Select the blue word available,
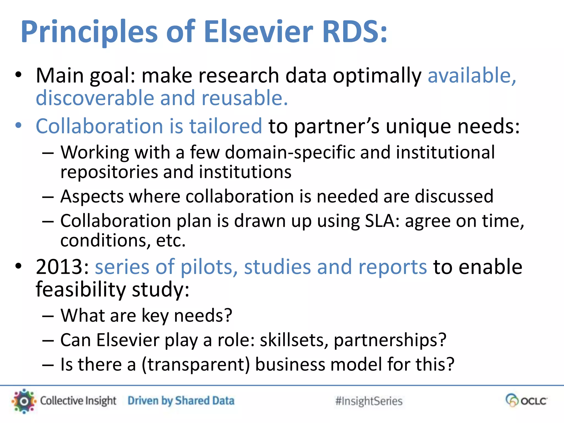(x=472, y=75)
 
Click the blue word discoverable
(x=95, y=98)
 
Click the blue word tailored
(x=226, y=126)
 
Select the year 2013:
(x=62, y=267)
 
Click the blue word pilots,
(x=209, y=267)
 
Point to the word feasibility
(x=81, y=289)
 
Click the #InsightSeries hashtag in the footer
(x=369, y=401)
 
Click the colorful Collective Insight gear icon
(x=24, y=401)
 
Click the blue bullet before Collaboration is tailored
(x=18, y=126)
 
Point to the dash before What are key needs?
(x=48, y=316)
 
